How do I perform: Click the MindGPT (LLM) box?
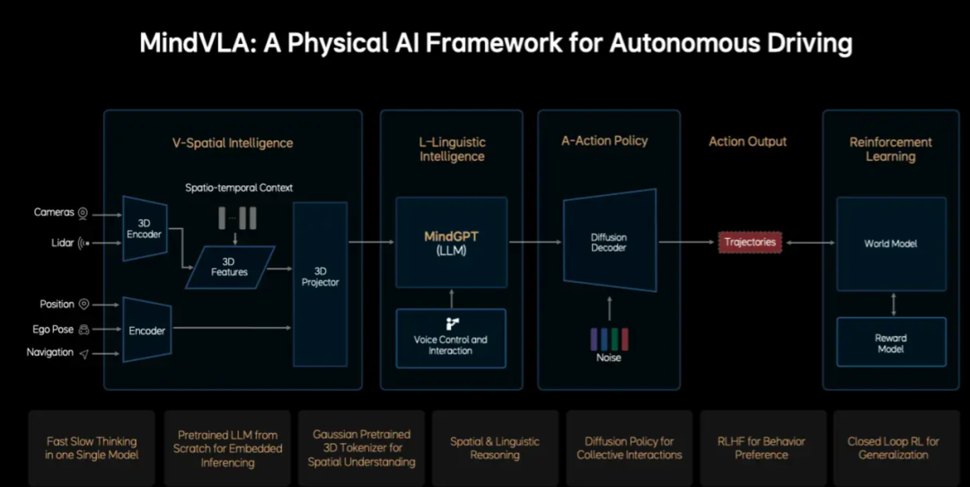point(451,242)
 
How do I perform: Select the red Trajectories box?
point(750,242)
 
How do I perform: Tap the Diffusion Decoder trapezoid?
point(609,242)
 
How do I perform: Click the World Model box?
point(891,243)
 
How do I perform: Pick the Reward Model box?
point(891,342)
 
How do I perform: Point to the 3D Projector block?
point(321,277)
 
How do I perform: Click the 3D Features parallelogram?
point(229,267)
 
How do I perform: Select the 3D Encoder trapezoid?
point(145,228)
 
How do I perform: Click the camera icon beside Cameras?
point(83,213)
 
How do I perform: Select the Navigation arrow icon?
point(84,353)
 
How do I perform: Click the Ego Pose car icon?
point(84,329)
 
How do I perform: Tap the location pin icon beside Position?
point(84,305)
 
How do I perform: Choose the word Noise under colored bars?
point(609,358)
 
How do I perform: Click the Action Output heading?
point(747,141)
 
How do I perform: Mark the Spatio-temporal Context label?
point(239,188)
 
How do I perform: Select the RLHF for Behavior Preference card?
point(762,447)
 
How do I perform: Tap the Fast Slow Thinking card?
point(92,447)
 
